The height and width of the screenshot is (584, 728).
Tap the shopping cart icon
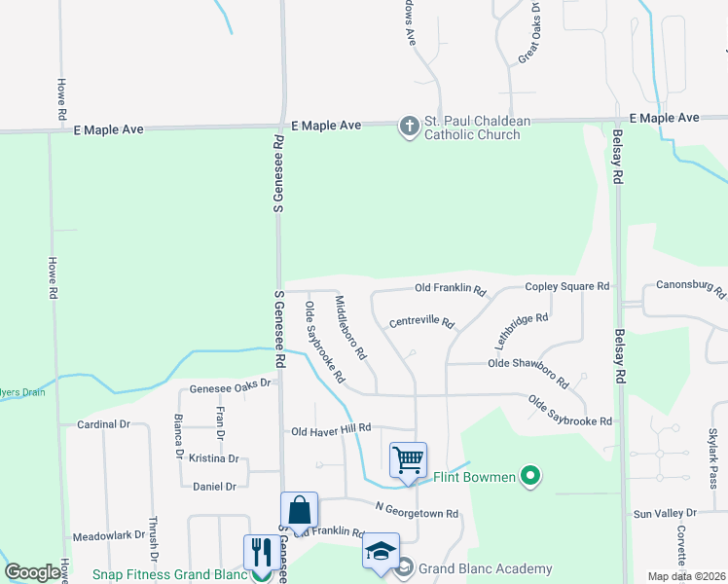(x=408, y=458)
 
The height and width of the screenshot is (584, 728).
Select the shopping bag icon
(x=299, y=509)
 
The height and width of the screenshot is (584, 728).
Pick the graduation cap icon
(x=381, y=549)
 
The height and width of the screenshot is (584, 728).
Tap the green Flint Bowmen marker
(x=530, y=476)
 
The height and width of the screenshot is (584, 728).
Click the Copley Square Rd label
(x=566, y=286)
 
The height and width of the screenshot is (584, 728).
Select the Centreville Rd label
(x=421, y=321)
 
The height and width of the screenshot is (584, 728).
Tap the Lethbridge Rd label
(x=522, y=330)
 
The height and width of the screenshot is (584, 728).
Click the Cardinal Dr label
(x=102, y=424)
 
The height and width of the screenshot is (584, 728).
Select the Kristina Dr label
(x=214, y=457)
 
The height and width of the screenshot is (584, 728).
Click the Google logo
(x=33, y=572)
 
